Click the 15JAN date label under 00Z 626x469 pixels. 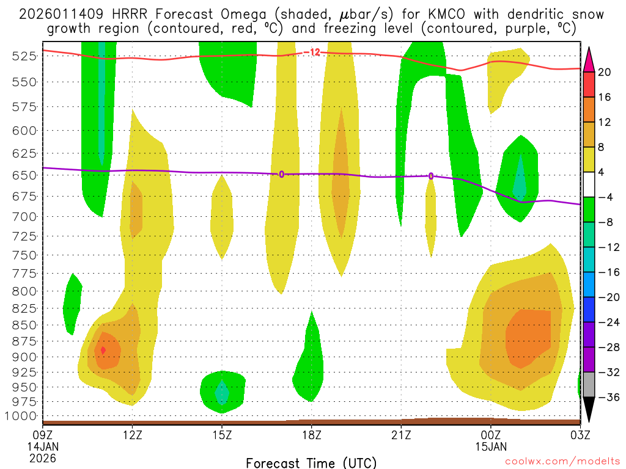pos(490,446)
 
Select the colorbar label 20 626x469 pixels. pos(605,72)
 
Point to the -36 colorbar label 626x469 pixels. pos(607,398)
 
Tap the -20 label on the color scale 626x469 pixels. pos(607,297)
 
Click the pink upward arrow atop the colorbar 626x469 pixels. pos(589,58)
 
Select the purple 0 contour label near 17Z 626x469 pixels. pos(281,174)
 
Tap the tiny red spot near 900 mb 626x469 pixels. pos(103,350)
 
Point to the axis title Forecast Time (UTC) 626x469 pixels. pos(311,462)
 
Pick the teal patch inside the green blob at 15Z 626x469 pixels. pos(223,392)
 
